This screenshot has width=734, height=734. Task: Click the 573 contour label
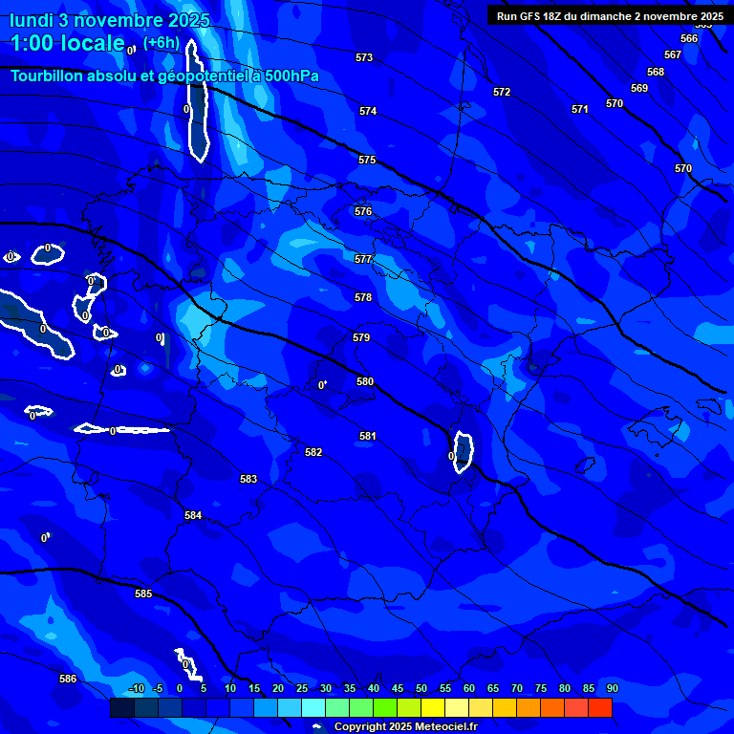(364, 58)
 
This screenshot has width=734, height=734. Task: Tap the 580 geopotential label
(365, 381)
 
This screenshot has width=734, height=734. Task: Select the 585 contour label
(143, 594)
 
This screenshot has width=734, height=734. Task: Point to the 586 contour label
(68, 679)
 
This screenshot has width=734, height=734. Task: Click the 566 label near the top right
(689, 39)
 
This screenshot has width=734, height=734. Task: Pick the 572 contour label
(502, 93)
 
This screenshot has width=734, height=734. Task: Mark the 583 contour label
(248, 479)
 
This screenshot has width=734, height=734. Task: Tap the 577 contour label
(363, 259)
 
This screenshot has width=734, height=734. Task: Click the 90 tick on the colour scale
(612, 688)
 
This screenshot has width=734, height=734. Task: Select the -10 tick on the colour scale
(137, 688)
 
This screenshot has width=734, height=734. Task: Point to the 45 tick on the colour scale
(397, 688)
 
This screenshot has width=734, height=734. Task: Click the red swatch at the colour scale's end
(600, 707)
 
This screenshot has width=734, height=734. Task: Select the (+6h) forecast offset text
(161, 42)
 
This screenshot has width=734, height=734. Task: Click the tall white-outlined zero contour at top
(197, 100)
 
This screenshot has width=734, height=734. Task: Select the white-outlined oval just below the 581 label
(464, 451)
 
